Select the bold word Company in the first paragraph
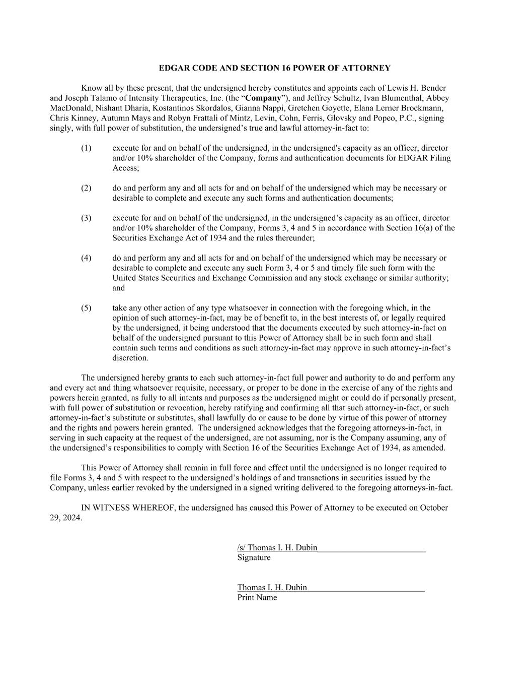coord(263,98)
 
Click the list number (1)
coord(86,148)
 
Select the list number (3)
coord(86,218)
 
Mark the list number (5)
coord(86,308)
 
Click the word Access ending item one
coord(125,168)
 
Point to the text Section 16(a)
coord(409,228)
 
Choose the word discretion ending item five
coord(130,358)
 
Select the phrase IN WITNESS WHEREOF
coord(128,508)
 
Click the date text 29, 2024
coord(65,518)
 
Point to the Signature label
coord(254,557)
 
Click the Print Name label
coord(257,597)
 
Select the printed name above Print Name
coord(272,588)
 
